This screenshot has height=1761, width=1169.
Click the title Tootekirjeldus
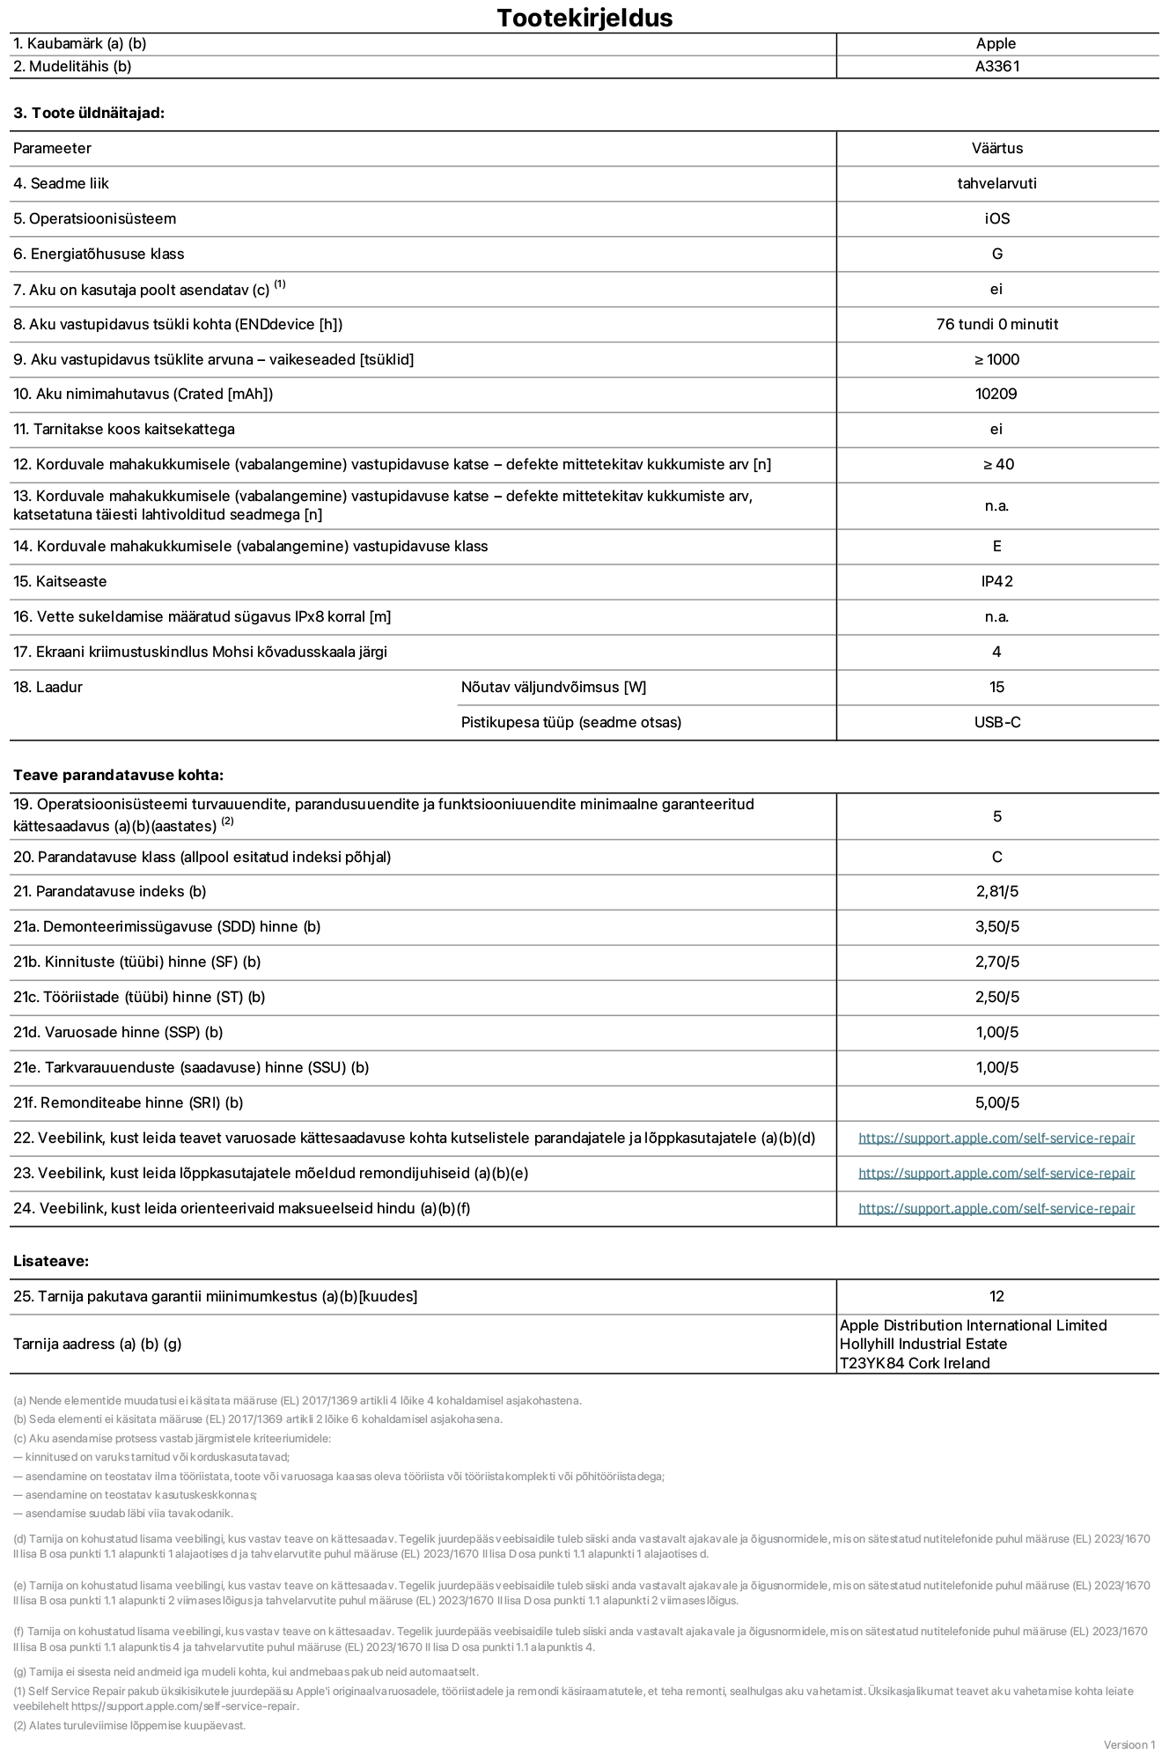584,18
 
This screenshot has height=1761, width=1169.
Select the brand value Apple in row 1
996,43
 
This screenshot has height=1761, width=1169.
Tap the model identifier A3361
996,66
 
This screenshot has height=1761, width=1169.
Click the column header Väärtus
996,148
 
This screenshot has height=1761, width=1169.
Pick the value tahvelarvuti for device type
996,183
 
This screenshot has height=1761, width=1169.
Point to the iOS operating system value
996,218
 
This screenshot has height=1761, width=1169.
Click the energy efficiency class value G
996,254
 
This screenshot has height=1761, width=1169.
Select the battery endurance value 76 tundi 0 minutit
996,324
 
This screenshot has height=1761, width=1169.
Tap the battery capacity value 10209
996,394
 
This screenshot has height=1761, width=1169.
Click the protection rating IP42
996,581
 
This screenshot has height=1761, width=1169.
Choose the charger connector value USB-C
996,722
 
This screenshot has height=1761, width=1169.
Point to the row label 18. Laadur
48,687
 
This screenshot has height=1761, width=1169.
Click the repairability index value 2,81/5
996,891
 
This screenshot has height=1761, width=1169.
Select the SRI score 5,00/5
996,1102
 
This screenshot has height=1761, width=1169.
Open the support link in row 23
996,1173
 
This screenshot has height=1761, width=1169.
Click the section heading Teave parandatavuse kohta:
118,775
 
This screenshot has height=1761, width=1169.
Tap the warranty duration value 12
996,1296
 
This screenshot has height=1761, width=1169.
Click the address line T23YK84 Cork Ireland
914,1363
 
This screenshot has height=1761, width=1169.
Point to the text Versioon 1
1129,1744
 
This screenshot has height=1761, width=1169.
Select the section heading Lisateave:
50,1261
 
